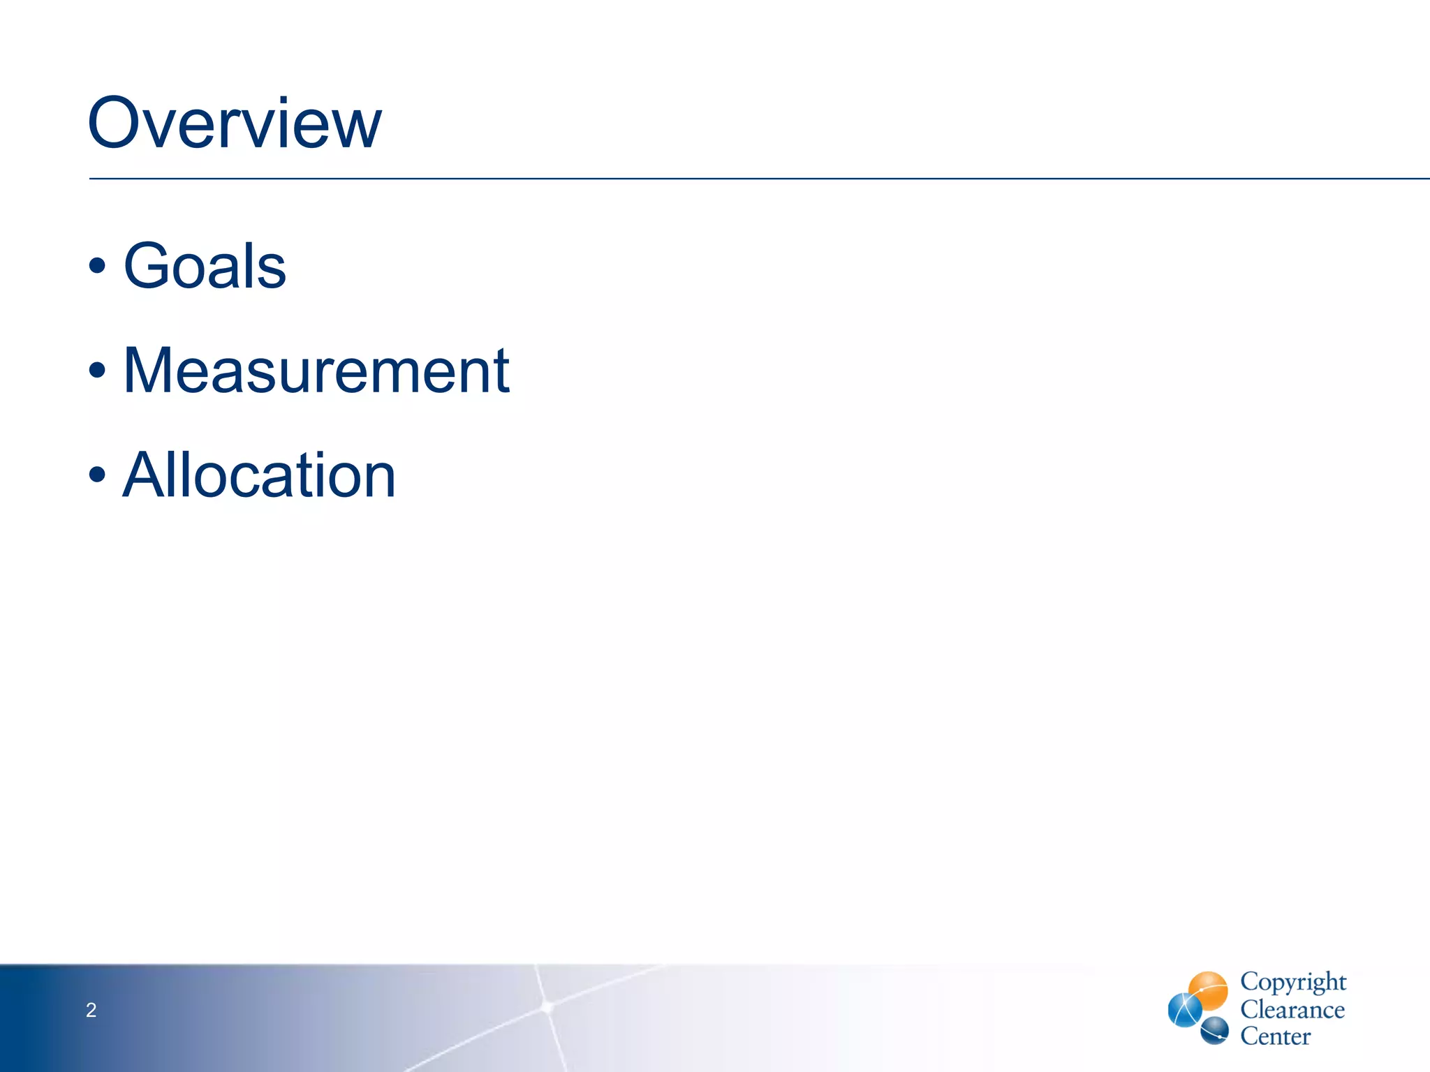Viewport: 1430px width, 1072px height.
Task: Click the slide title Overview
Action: (235, 124)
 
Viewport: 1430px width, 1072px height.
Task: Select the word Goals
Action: (205, 266)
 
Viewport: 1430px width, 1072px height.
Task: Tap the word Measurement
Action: (316, 371)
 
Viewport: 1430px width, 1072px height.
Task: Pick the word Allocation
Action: (259, 475)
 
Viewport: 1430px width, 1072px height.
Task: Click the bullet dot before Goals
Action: (98, 267)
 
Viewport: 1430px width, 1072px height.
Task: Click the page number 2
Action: (91, 1010)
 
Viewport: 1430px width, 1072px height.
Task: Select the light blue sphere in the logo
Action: (1184, 1011)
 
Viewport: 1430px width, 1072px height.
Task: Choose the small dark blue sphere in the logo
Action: (1215, 1030)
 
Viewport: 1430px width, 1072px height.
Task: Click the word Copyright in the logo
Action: (1292, 982)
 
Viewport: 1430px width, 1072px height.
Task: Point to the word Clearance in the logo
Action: (1292, 1010)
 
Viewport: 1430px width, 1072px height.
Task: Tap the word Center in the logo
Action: (1275, 1036)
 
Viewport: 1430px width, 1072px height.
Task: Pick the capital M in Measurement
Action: (149, 371)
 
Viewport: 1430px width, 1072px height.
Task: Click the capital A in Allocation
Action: (144, 475)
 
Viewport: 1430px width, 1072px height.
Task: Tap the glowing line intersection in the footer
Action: (547, 1006)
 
